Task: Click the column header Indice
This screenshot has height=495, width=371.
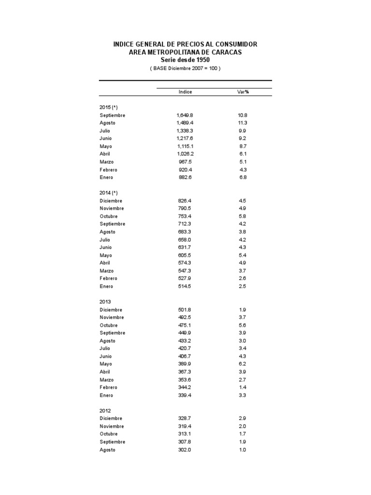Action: point(185,92)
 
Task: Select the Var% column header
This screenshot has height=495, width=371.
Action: point(243,92)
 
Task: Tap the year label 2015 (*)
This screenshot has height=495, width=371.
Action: point(109,107)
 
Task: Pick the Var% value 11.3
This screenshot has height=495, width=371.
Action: point(243,123)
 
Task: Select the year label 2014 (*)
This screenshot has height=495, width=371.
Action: point(109,193)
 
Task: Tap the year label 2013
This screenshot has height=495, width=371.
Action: point(105,302)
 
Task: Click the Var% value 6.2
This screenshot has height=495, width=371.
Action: point(243,364)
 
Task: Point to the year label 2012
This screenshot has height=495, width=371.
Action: point(105,411)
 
